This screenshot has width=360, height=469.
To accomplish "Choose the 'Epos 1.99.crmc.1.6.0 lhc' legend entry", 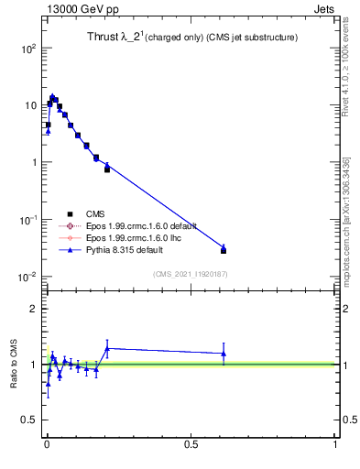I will click(x=123, y=237).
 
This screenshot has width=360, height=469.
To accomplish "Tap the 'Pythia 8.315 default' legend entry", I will click(x=115, y=249).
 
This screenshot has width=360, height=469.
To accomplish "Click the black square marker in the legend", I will click(x=69, y=213).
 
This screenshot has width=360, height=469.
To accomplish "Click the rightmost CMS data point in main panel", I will click(x=224, y=250).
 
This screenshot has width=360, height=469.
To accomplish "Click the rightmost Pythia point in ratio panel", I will click(x=224, y=354).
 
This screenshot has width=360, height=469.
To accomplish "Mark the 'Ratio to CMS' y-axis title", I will click(x=16, y=364).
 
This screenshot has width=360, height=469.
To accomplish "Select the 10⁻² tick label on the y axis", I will click(x=27, y=277).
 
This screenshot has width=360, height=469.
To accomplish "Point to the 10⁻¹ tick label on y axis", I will click(x=27, y=220).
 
